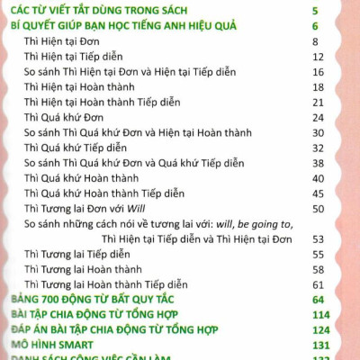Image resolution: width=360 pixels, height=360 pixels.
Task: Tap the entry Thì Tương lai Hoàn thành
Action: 84,269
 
